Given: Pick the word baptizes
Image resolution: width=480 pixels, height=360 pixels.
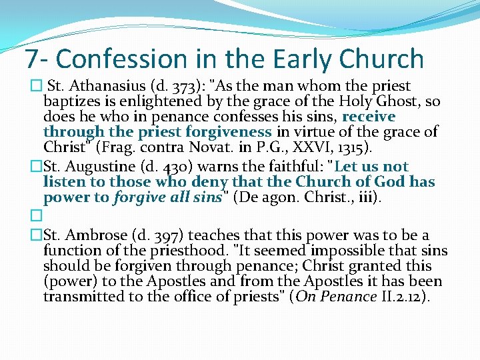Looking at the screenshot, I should coord(70,101).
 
